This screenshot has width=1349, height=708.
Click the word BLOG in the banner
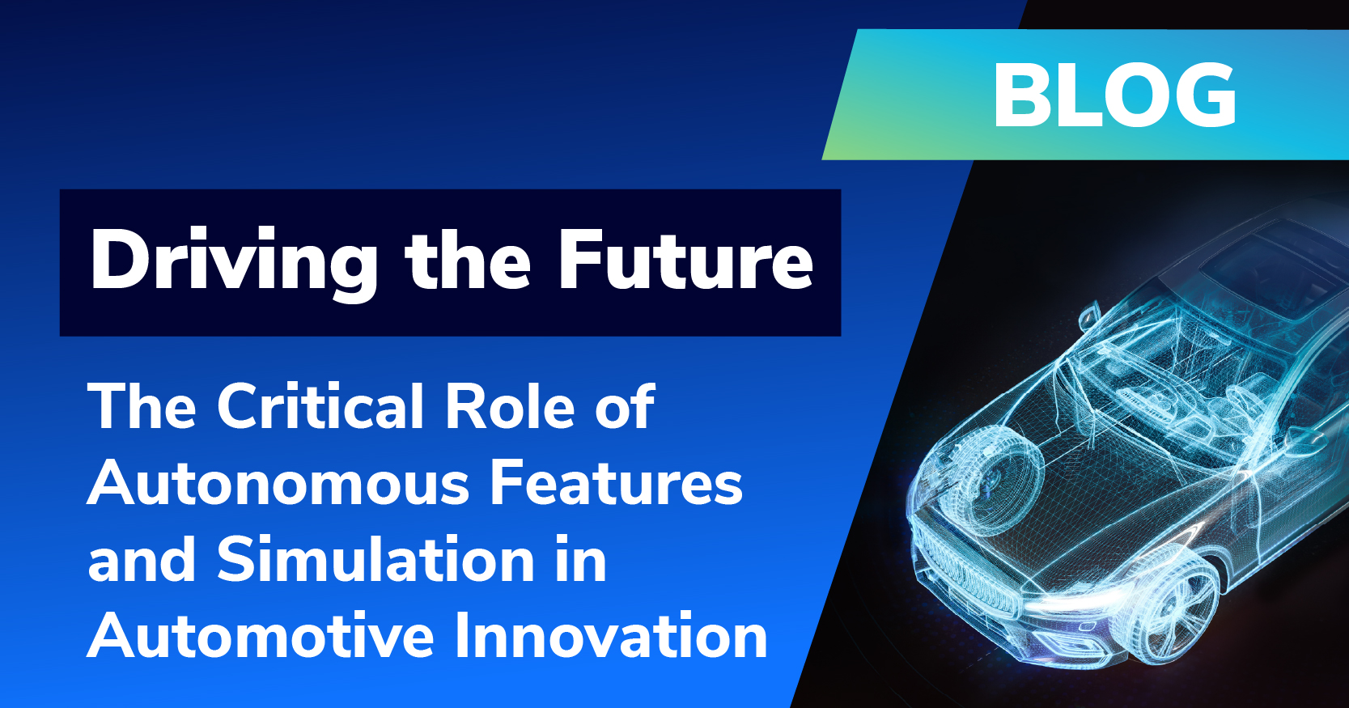point(1114,95)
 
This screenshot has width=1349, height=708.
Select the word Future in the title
point(685,259)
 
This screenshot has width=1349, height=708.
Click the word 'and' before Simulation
point(142,558)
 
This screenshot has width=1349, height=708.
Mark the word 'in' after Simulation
point(580,558)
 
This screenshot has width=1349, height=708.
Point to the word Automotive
point(261,636)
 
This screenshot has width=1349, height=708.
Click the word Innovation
point(611,636)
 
